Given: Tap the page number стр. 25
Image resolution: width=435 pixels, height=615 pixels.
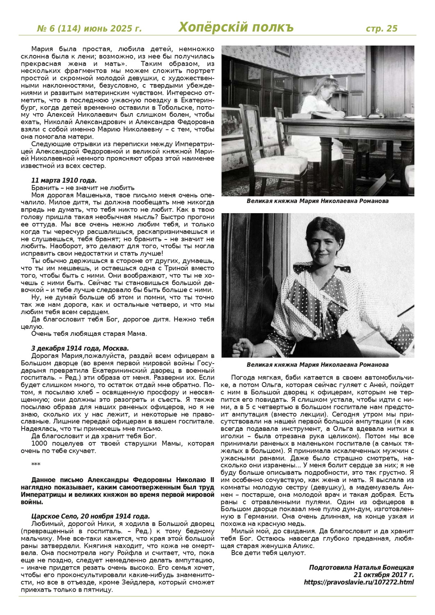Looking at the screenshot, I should pyautogui.click(x=381, y=28).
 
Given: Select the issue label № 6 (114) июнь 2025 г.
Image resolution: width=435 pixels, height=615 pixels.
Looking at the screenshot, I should pyautogui.click(x=89, y=28).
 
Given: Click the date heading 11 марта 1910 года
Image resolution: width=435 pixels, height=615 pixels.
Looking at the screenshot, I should pyautogui.click(x=64, y=180).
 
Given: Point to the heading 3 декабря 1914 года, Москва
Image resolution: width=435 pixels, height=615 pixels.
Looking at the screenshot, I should pyautogui.click(x=80, y=348).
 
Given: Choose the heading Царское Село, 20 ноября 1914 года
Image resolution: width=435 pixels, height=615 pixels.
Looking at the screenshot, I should pyautogui.click(x=90, y=516).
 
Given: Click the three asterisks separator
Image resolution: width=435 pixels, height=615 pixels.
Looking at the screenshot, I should pyautogui.click(x=36, y=464).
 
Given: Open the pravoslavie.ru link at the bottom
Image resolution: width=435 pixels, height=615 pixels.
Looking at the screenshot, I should pyautogui.click(x=359, y=582).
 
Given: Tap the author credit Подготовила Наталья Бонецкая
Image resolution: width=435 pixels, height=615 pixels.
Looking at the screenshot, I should pyautogui.click(x=361, y=567).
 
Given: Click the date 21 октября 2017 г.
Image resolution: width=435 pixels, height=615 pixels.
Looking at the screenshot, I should pyautogui.click(x=383, y=575).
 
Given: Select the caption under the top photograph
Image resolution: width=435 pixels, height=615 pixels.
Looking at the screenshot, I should pyautogui.click(x=318, y=201).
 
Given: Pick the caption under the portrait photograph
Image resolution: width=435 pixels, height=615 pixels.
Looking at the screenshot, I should pyautogui.click(x=318, y=364).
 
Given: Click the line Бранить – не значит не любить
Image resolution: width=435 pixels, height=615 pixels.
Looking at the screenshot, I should pyautogui.click(x=77, y=187).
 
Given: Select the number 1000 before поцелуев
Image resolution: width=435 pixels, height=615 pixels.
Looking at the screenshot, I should pyautogui.click(x=39, y=444).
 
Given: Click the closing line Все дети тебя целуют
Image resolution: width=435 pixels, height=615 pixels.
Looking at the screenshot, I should pyautogui.click(x=269, y=553).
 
